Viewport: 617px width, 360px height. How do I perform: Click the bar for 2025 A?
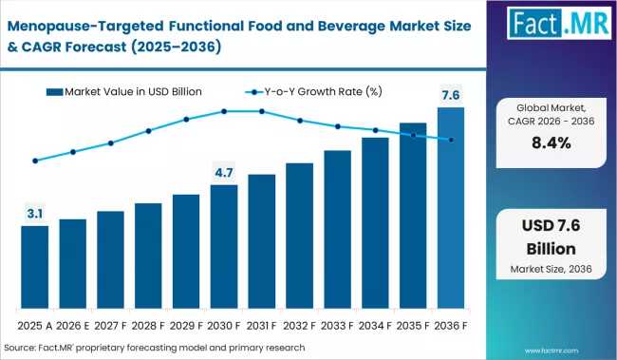point(34,267)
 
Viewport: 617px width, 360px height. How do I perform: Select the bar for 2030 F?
point(224,247)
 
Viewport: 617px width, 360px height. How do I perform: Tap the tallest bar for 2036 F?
point(451,208)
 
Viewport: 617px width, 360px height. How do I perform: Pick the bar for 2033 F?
point(338,230)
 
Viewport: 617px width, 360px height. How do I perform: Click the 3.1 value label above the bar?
point(34,214)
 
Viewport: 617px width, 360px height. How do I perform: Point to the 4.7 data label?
point(224,173)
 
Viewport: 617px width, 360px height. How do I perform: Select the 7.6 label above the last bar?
point(451,95)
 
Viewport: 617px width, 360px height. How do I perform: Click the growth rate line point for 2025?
point(35,161)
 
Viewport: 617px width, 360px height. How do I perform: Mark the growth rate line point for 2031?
point(262,111)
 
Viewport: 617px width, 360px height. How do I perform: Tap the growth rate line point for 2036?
point(451,140)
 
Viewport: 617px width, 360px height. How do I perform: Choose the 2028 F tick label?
point(148,326)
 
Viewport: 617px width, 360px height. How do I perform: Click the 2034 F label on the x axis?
point(375,326)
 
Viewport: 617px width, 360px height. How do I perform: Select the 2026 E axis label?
point(73,326)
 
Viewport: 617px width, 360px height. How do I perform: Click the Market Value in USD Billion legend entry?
point(124,92)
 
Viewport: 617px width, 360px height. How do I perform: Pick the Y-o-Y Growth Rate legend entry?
point(313,92)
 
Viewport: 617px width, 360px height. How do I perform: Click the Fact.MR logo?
point(559,23)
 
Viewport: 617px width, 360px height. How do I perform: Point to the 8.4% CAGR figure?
point(552,143)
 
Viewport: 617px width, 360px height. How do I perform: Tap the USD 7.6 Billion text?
point(551,237)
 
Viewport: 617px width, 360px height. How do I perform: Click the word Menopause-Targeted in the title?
point(85,26)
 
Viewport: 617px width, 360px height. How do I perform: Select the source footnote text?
point(155,348)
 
